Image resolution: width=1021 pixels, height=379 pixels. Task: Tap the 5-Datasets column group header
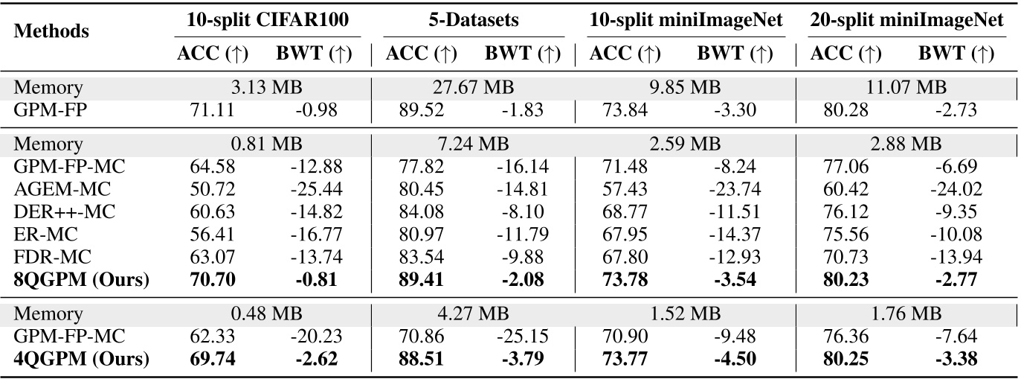click(473, 21)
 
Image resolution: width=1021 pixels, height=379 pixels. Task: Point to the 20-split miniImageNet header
click(906, 21)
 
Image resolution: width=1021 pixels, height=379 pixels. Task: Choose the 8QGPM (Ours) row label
click(82, 281)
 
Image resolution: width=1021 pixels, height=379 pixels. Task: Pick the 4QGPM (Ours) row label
click(82, 360)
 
